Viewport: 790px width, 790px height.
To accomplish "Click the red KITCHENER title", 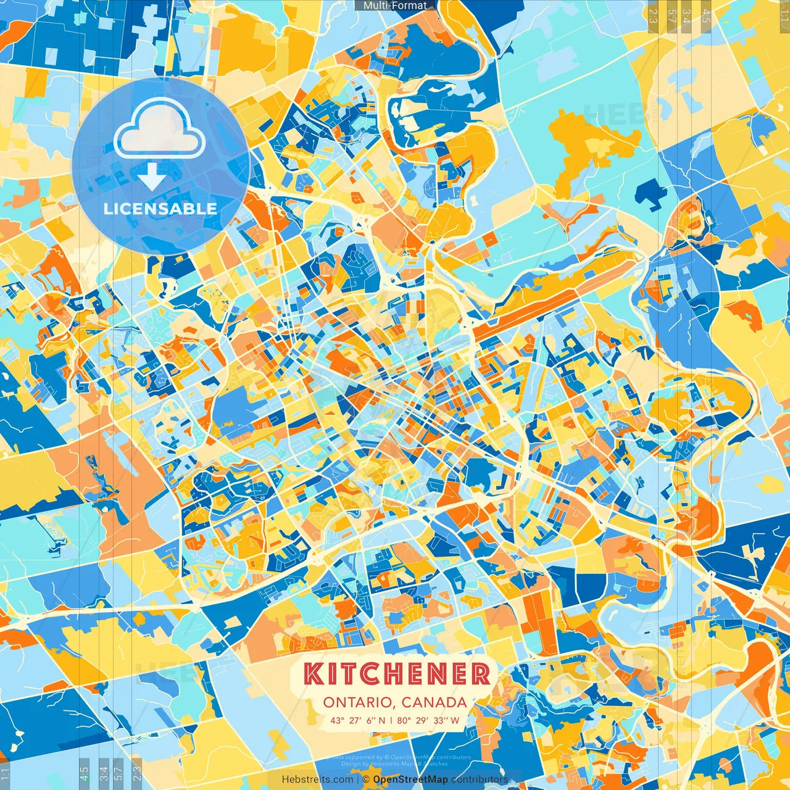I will click(x=397, y=674).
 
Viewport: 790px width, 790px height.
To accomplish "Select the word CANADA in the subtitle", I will click(x=434, y=702).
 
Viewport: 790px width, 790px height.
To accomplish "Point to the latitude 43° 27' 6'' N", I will click(x=357, y=720).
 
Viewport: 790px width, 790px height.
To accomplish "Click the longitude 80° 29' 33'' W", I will click(x=428, y=720).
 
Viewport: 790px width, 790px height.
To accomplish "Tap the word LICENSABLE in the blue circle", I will click(x=160, y=209).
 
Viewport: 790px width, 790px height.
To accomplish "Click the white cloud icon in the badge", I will click(x=159, y=128).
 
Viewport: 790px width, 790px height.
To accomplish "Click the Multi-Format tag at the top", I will click(x=395, y=6).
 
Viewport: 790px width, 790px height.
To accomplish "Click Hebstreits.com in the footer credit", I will click(x=317, y=780).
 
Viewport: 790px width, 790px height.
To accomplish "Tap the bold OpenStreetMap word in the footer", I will click(x=410, y=780).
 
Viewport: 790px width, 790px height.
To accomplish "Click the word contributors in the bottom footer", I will click(x=480, y=780).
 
